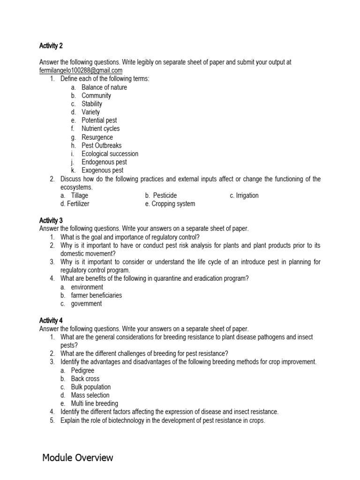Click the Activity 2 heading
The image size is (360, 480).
[51, 46]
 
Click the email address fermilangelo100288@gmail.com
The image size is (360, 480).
[81, 70]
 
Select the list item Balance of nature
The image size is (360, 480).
[104, 87]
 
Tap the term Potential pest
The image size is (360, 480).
[99, 120]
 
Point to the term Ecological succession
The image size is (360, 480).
[110, 154]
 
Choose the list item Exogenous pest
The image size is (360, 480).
[103, 171]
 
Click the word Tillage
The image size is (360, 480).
[80, 195]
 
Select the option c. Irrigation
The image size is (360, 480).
[244, 195]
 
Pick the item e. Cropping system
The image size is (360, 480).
[170, 204]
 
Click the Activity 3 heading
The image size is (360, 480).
[51, 220]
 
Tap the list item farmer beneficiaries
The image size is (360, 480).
[97, 295]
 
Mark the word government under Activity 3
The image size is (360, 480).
[86, 304]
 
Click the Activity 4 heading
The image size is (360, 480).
[51, 321]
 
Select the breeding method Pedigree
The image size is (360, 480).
[82, 370]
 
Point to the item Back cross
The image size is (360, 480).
[85, 379]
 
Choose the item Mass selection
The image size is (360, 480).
[90, 395]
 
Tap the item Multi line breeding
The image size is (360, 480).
[94, 404]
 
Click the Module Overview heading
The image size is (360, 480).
[77, 457]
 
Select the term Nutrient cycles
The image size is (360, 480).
[100, 128]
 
